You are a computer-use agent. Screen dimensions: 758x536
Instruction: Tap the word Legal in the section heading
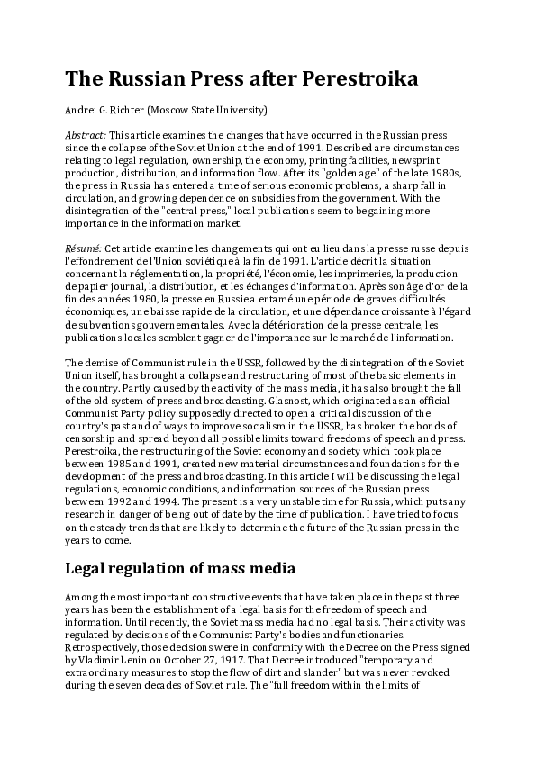88,568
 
